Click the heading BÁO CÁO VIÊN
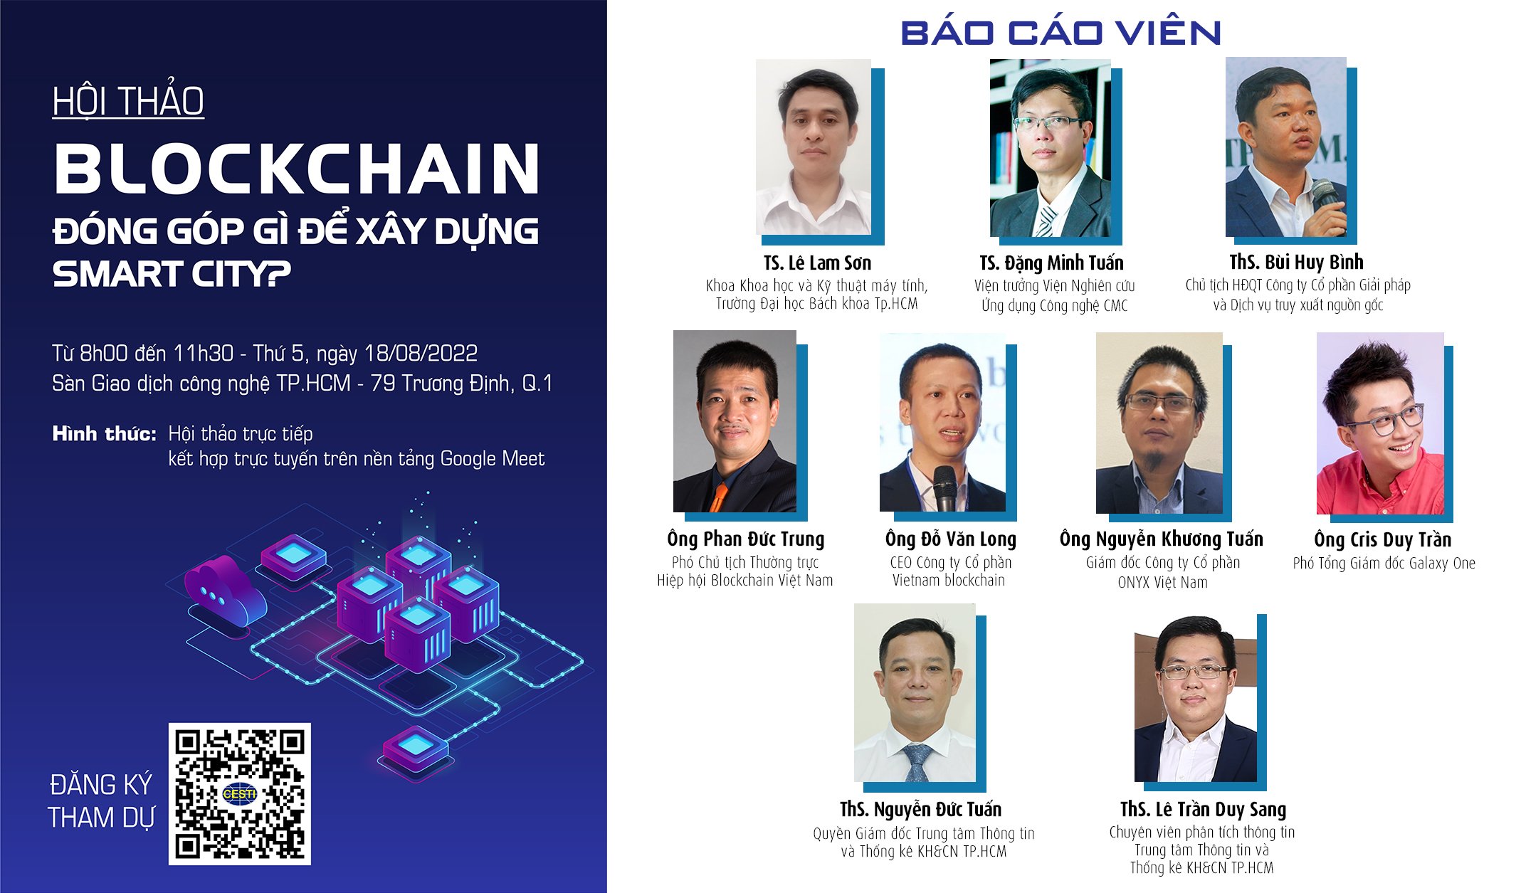click(x=1061, y=32)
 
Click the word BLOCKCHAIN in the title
click(x=297, y=169)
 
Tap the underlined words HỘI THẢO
click(x=128, y=101)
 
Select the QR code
click(x=240, y=793)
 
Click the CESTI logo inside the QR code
click(x=240, y=793)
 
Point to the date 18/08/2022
click(x=421, y=353)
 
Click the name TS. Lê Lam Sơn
click(x=817, y=263)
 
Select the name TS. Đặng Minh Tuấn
click(x=1051, y=263)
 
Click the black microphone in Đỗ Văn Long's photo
click(x=944, y=487)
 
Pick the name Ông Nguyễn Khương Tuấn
click(x=1162, y=539)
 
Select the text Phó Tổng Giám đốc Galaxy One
click(x=1384, y=563)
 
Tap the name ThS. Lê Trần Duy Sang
click(x=1203, y=809)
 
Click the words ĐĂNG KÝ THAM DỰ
click(x=101, y=801)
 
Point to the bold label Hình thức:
click(x=105, y=433)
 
